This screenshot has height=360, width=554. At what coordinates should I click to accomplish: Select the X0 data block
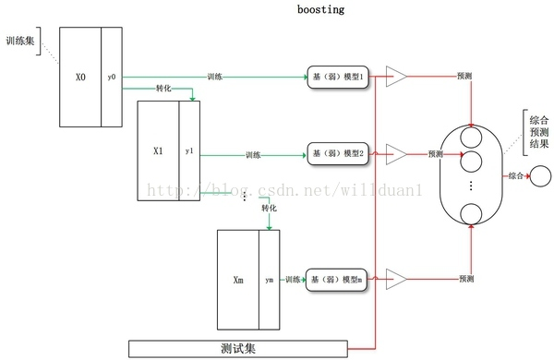pyautogui.click(x=80, y=78)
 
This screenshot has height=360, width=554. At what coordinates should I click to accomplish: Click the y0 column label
pyautogui.click(x=112, y=78)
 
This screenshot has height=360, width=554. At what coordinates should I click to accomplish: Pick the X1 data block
pyautogui.click(x=158, y=150)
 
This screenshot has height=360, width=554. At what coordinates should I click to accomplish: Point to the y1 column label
pyautogui.click(x=189, y=150)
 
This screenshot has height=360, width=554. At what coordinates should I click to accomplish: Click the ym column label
pyautogui.click(x=269, y=279)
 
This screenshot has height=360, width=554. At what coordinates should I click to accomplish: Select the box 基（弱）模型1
pyautogui.click(x=338, y=78)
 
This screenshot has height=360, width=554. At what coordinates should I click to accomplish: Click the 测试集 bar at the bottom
pyautogui.click(x=237, y=348)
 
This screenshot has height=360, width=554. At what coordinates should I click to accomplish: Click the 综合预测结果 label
pyautogui.click(x=538, y=132)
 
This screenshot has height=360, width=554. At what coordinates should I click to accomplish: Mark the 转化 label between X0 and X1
pyautogui.click(x=163, y=90)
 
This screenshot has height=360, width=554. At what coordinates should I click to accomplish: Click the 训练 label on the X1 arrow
pyautogui.click(x=255, y=154)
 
